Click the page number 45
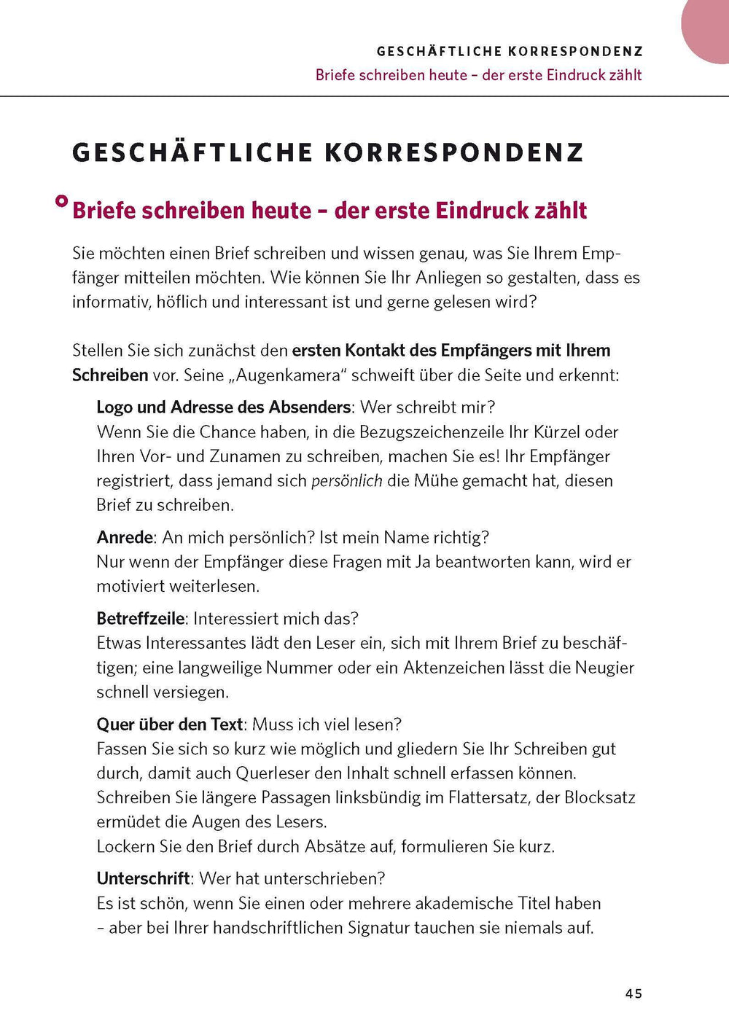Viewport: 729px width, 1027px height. click(633, 993)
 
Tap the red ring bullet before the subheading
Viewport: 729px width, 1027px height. click(62, 201)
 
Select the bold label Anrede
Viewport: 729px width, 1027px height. click(125, 538)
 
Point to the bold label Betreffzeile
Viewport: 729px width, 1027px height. click(141, 619)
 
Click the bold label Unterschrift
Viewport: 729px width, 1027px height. click(143, 878)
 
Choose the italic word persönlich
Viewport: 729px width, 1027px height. click(347, 481)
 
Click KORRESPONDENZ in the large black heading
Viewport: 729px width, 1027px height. click(454, 153)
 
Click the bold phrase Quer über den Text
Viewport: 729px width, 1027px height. click(169, 725)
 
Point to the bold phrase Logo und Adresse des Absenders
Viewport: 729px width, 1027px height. click(224, 407)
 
